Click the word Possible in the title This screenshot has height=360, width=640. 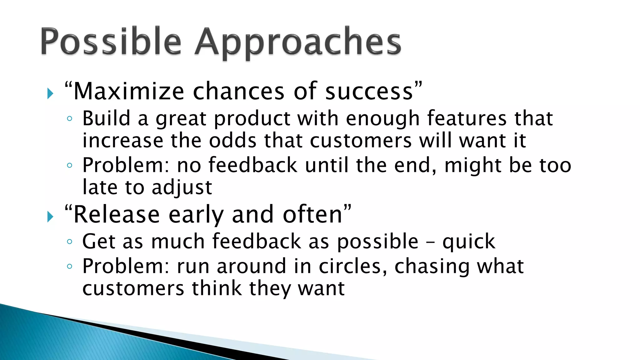click(x=111, y=42)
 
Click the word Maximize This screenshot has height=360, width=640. click(x=128, y=91)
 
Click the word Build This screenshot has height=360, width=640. click(x=106, y=118)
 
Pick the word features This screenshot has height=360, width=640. click(x=467, y=118)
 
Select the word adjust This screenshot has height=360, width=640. click(x=182, y=187)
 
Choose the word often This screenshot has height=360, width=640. click(x=312, y=214)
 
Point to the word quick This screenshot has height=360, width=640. click(x=469, y=242)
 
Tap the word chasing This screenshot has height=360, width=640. click(x=432, y=267)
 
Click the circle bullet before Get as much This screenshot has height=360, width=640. click(x=70, y=242)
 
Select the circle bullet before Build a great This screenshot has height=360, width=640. click(x=70, y=119)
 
